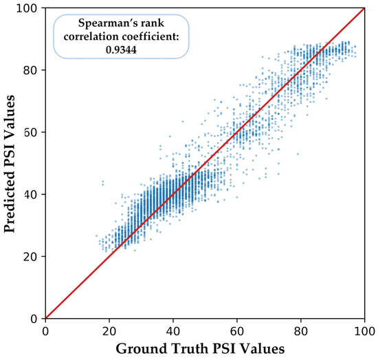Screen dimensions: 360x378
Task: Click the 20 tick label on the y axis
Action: click(x=31, y=256)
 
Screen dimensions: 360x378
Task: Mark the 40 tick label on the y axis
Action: click(x=31, y=194)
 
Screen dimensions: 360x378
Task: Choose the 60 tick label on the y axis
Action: click(x=31, y=132)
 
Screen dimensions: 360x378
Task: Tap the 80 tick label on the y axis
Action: click(x=31, y=70)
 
